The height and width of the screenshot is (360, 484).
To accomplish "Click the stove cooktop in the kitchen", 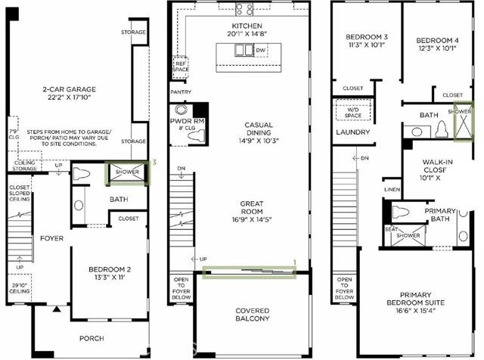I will (x=244, y=10).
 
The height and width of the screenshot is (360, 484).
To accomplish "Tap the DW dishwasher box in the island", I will (x=262, y=51).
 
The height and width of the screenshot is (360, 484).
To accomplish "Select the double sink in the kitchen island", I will (x=244, y=51).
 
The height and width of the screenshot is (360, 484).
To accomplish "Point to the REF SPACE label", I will (x=181, y=67).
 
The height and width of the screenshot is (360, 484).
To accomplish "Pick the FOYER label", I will (x=52, y=238).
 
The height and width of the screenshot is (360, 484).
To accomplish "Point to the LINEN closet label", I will (x=392, y=188).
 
